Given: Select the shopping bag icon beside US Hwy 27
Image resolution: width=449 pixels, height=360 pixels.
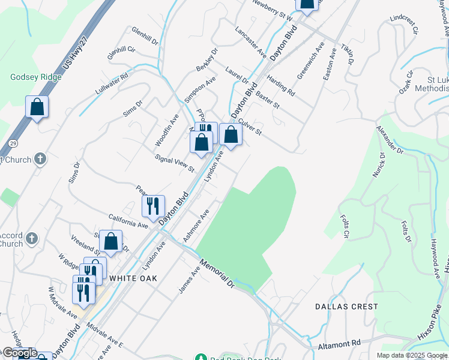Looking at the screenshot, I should pos(37,107).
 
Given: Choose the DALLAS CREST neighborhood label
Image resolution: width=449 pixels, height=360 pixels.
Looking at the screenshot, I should pos(347,307).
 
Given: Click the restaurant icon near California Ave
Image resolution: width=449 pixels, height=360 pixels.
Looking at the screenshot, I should pos(153,206).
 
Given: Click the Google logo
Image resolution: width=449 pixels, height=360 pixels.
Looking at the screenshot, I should pos(19,353).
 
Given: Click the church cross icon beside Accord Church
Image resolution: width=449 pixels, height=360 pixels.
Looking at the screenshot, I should pos(32,238).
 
